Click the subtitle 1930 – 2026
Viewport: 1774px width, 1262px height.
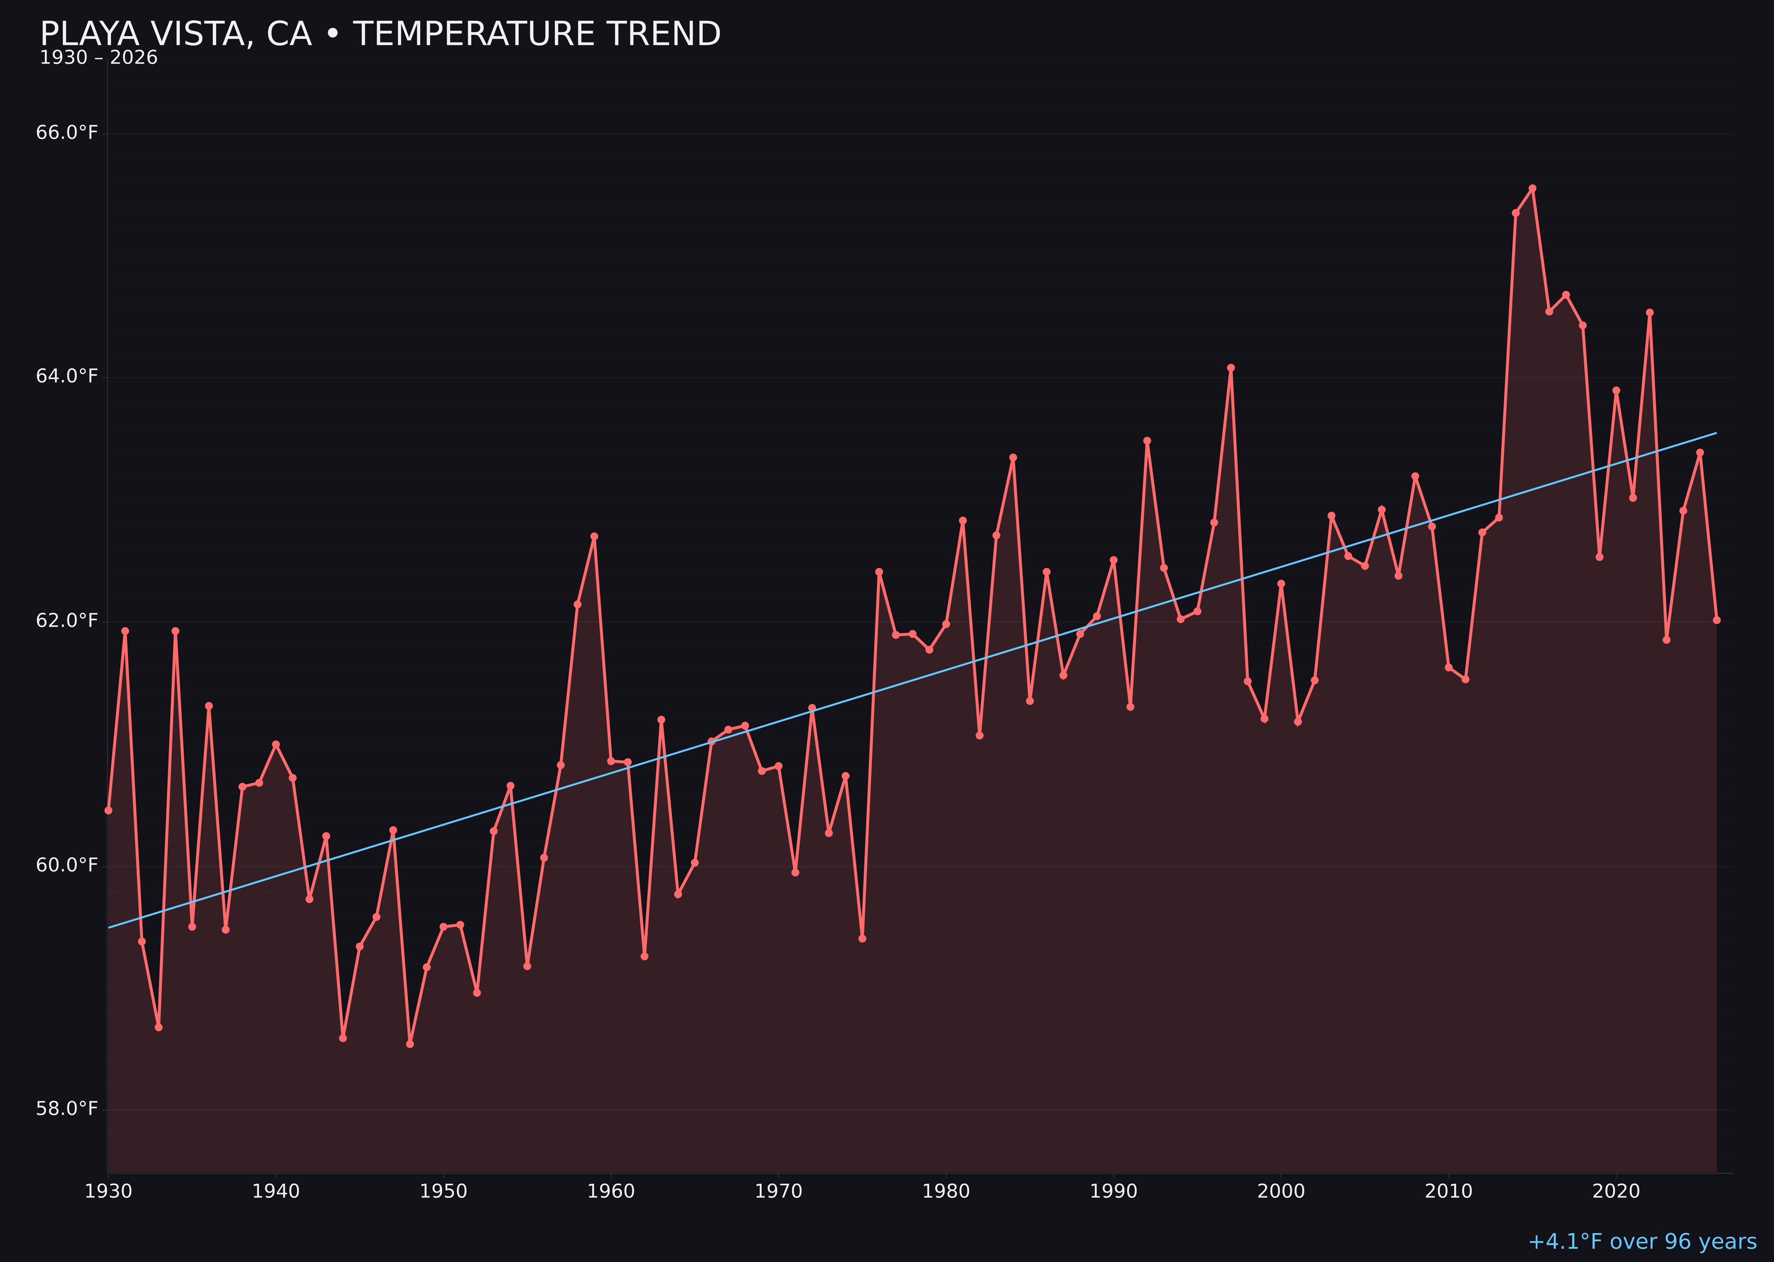tap(98, 58)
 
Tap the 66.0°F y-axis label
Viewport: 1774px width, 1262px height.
tap(67, 133)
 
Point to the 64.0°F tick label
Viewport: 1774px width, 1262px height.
tap(67, 376)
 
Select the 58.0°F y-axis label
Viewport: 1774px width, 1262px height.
tap(67, 1108)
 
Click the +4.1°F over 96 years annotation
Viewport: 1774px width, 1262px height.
tap(1642, 1242)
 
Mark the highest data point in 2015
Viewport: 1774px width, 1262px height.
tap(1532, 188)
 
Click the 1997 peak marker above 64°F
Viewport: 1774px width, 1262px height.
tap(1230, 367)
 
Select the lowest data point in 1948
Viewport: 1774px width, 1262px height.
tap(410, 1044)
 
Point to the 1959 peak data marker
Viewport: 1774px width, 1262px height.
tap(594, 536)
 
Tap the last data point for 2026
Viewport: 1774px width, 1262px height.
tap(1716, 620)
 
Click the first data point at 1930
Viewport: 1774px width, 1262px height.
tap(108, 810)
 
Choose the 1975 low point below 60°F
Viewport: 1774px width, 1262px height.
tap(862, 939)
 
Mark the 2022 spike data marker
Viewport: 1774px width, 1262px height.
tap(1650, 312)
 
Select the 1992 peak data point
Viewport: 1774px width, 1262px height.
tap(1147, 441)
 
